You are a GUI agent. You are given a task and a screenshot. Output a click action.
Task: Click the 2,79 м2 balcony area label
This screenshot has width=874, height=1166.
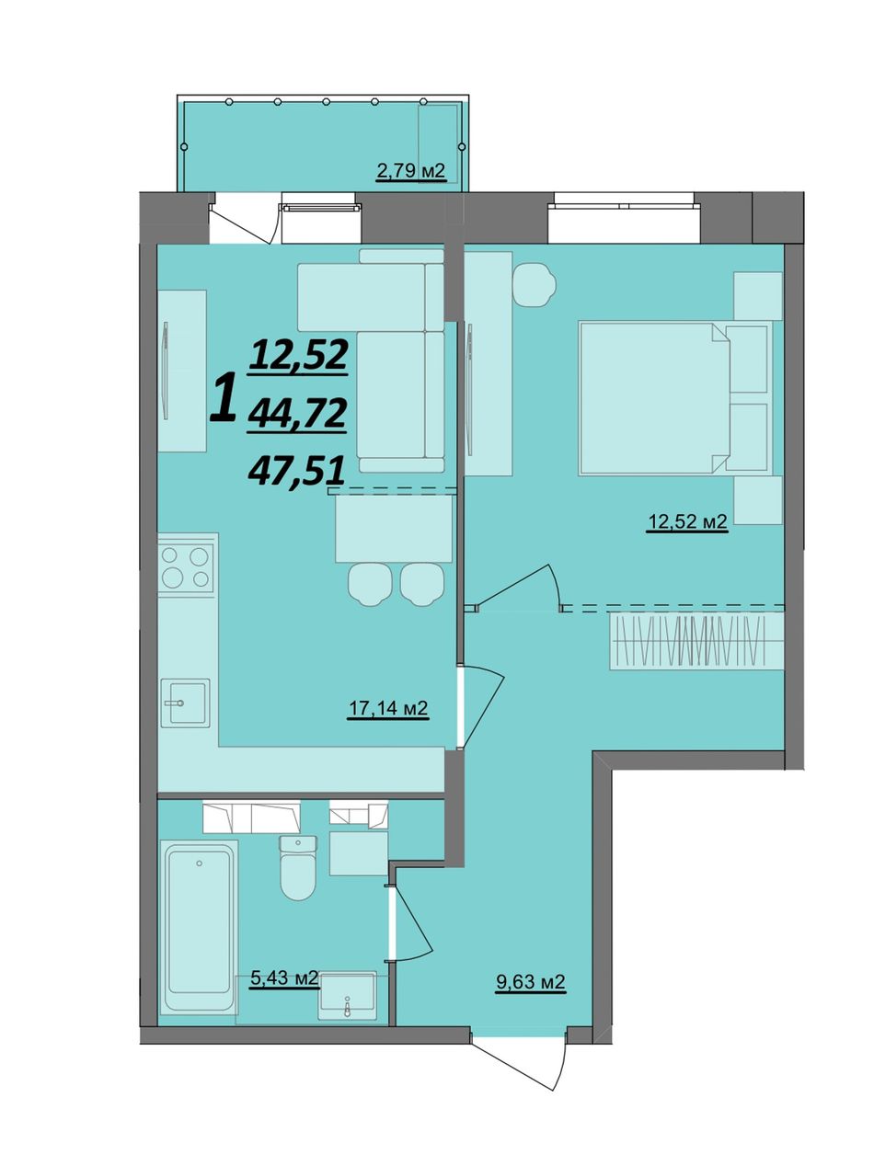410,171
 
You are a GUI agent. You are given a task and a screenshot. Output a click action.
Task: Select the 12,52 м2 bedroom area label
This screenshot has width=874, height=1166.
686,522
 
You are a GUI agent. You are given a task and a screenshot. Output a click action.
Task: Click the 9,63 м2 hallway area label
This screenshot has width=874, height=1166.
530,981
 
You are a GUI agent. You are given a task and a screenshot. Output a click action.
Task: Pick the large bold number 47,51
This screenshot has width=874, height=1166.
296,471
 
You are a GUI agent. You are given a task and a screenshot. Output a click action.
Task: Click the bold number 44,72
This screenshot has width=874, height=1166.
297,415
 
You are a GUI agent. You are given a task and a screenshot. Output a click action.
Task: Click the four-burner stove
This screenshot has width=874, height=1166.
187,566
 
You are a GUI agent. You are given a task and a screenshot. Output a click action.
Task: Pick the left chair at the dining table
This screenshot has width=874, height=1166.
370,584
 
